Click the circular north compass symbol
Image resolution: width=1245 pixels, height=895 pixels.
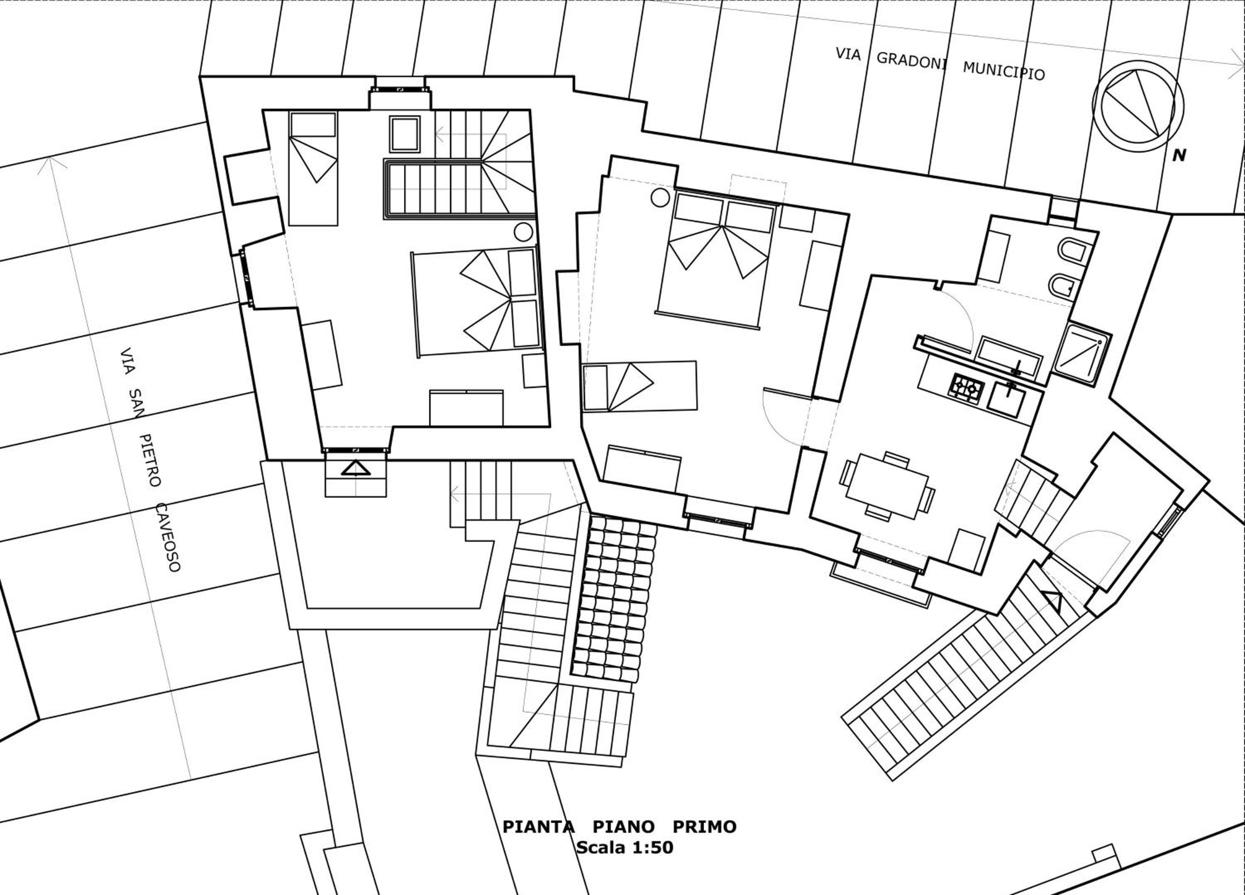(1138, 106)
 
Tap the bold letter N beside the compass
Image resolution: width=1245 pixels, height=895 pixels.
(1179, 156)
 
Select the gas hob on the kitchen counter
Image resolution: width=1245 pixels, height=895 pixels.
(965, 389)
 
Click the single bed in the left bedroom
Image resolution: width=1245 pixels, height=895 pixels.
(313, 168)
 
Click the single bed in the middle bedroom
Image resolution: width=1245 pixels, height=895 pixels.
(640, 386)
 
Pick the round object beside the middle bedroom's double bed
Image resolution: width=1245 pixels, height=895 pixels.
(660, 197)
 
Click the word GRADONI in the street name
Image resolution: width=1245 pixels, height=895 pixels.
(911, 61)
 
